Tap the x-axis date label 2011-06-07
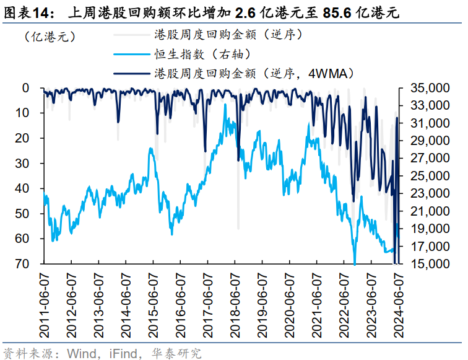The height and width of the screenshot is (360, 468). point(44,302)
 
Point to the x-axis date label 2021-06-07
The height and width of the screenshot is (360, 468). point(315,302)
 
